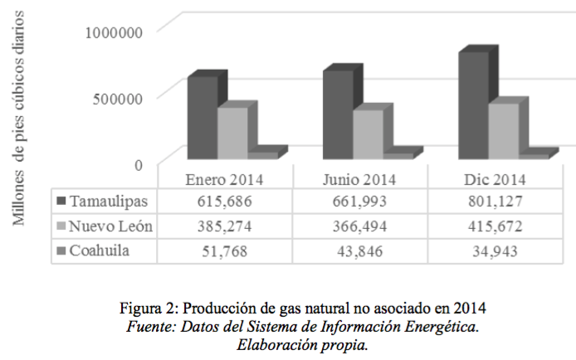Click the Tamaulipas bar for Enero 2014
click(x=202, y=116)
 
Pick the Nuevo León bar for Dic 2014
click(x=503, y=129)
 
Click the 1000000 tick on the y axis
click(x=115, y=32)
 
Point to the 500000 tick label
click(x=120, y=98)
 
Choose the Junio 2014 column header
click(x=359, y=179)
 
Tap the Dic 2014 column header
click(x=495, y=179)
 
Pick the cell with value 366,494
click(x=359, y=226)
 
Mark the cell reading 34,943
click(x=495, y=250)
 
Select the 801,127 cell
click(x=495, y=202)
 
